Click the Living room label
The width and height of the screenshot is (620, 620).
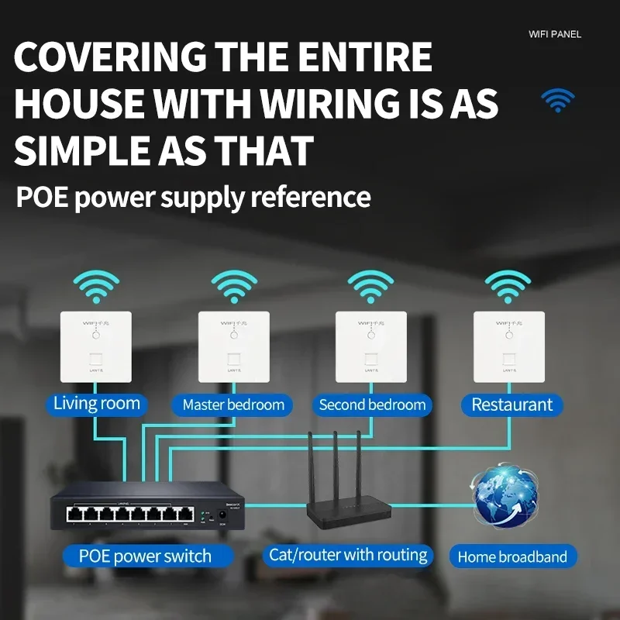click(96, 404)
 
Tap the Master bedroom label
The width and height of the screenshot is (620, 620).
click(232, 405)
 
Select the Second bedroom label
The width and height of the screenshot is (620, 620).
click(372, 405)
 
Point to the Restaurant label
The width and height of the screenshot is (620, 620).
click(511, 405)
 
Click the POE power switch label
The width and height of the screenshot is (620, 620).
click(145, 556)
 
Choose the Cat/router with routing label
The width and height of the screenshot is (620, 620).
click(348, 555)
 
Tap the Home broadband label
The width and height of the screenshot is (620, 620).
click(511, 556)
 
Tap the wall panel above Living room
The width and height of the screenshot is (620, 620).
click(96, 346)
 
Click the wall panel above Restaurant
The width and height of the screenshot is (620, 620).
click(509, 346)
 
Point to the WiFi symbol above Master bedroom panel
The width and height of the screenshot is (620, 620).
click(233, 287)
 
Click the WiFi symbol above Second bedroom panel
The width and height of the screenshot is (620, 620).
click(370, 287)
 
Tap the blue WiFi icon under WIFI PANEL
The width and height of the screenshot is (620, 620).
click(557, 100)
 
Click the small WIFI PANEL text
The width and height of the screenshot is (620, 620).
click(554, 34)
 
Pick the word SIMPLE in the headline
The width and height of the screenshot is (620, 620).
click(77, 150)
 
